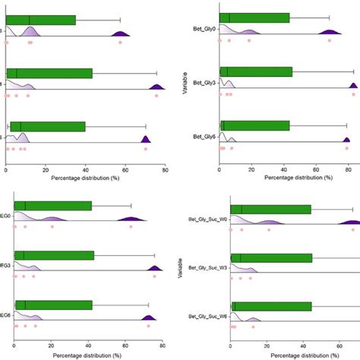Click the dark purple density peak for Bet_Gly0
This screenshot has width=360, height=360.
click(329, 31)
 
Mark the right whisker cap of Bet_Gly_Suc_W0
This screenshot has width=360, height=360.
click(352, 209)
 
